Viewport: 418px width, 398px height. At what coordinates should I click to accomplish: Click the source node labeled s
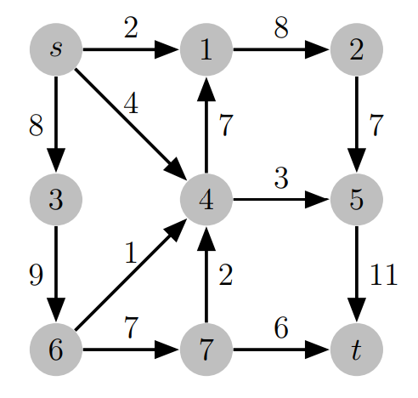tap(56, 49)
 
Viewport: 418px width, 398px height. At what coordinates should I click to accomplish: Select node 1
tap(206, 49)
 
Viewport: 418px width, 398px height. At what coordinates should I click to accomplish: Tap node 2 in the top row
tap(357, 49)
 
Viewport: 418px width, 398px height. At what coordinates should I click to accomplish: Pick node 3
tap(56, 200)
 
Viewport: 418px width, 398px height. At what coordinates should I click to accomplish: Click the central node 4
tap(206, 200)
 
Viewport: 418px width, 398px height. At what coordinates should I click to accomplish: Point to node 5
tap(357, 200)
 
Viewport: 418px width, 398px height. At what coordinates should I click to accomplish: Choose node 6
tap(56, 350)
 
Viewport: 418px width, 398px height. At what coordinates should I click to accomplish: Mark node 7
tap(206, 350)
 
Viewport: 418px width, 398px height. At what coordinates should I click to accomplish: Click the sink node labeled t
tap(357, 350)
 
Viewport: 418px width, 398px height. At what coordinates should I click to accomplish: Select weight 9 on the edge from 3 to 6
tap(34, 275)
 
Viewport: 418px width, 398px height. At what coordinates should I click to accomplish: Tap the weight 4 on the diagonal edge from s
tap(130, 105)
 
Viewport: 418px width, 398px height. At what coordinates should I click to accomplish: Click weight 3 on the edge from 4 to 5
tap(280, 179)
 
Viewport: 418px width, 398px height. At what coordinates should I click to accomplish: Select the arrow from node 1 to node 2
tap(280, 49)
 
